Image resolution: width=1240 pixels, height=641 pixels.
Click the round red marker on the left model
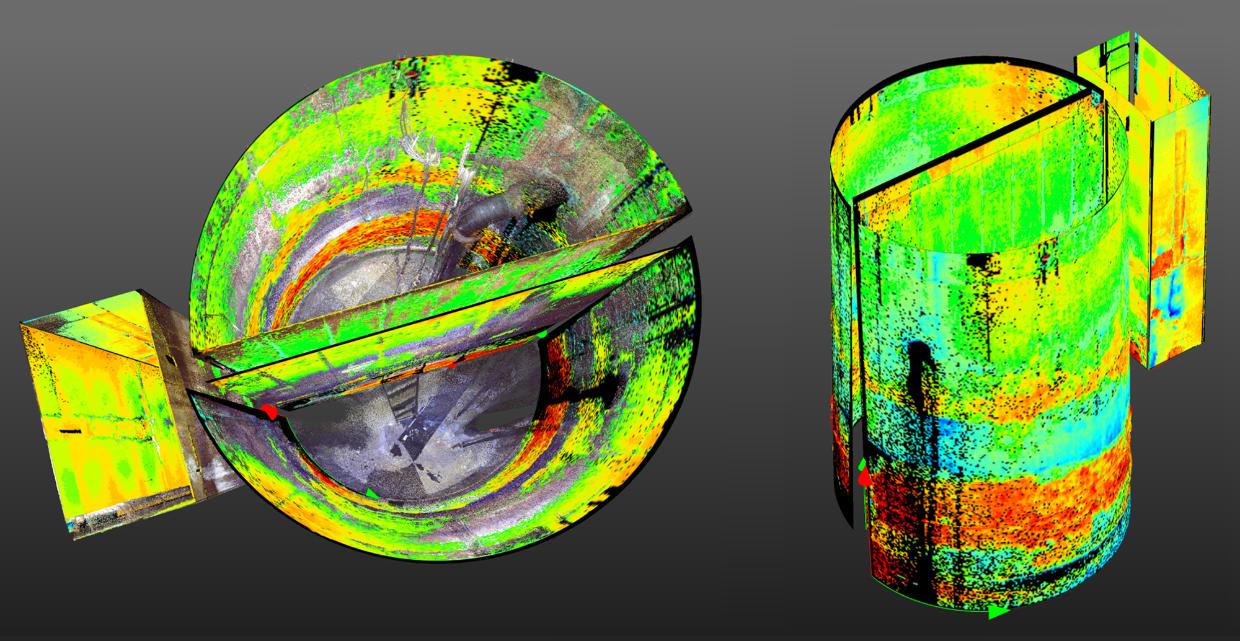(269, 412)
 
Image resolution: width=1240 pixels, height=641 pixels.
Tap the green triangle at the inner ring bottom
(371, 493)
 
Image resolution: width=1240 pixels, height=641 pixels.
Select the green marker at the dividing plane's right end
(542, 335)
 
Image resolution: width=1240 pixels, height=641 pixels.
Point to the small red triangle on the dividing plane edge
(451, 365)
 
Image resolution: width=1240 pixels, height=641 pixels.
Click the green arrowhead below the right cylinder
(997, 612)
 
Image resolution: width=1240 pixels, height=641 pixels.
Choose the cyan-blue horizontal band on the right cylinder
(1017, 434)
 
